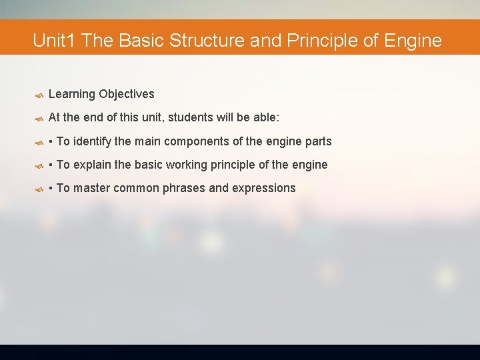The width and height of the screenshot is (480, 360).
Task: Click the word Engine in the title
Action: click(413, 41)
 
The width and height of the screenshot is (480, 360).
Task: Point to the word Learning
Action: click(72, 95)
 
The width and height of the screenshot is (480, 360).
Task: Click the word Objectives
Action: click(127, 95)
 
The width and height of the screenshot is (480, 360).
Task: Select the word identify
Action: click(92, 141)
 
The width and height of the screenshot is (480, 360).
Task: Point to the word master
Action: click(91, 188)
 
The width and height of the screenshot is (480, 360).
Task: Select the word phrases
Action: click(185, 188)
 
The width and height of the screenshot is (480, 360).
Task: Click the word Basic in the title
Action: click(141, 41)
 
